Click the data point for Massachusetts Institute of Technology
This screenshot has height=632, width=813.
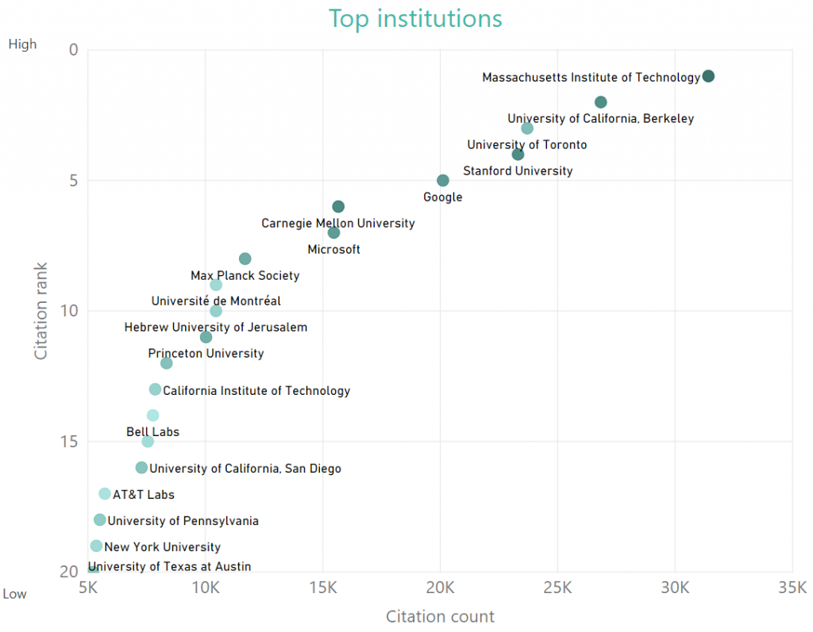tap(708, 76)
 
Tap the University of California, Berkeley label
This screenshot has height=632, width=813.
tap(600, 119)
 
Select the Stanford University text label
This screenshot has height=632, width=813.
tap(518, 170)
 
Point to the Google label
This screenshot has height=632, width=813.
tap(442, 197)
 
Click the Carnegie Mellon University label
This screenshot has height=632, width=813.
tap(338, 224)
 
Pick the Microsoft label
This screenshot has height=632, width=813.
tap(333, 250)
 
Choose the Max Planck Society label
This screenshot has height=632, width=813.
tap(245, 276)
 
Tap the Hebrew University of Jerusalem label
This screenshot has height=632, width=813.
tap(216, 327)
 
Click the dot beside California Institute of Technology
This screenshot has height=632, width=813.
tap(155, 389)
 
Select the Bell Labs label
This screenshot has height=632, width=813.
tap(152, 432)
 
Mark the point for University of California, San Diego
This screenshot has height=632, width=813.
tap(141, 468)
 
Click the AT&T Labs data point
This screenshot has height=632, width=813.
tap(105, 494)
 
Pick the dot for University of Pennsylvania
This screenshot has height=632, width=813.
tap(99, 520)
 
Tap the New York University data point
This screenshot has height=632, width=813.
tap(96, 546)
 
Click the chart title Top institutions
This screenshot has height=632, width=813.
tap(415, 18)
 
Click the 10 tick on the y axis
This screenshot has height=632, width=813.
tap(68, 311)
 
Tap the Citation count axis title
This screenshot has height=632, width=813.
tap(440, 616)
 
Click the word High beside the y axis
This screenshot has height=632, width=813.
tap(22, 44)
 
